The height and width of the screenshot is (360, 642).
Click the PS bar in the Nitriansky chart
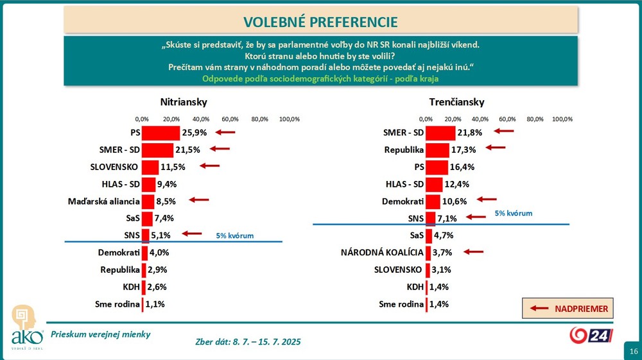160,133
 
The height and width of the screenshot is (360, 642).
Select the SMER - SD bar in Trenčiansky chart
440,133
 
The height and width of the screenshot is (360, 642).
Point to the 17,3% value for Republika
465,150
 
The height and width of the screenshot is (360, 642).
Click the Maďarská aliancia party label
104,202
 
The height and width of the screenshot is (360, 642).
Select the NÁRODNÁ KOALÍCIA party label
381,252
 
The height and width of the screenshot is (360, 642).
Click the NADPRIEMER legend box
569,309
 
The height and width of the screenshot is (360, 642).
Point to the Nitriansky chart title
184,102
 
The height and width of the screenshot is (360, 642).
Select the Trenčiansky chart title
456,102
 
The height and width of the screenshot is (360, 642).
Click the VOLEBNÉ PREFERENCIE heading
320,22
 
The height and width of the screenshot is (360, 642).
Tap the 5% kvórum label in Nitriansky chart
235,236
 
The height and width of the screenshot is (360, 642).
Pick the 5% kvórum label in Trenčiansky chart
514,213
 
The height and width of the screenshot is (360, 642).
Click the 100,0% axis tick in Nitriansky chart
289,119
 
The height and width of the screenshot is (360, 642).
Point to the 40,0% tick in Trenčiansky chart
480,119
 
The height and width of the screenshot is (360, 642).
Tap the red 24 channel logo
591,335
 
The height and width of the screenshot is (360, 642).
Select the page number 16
633,351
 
